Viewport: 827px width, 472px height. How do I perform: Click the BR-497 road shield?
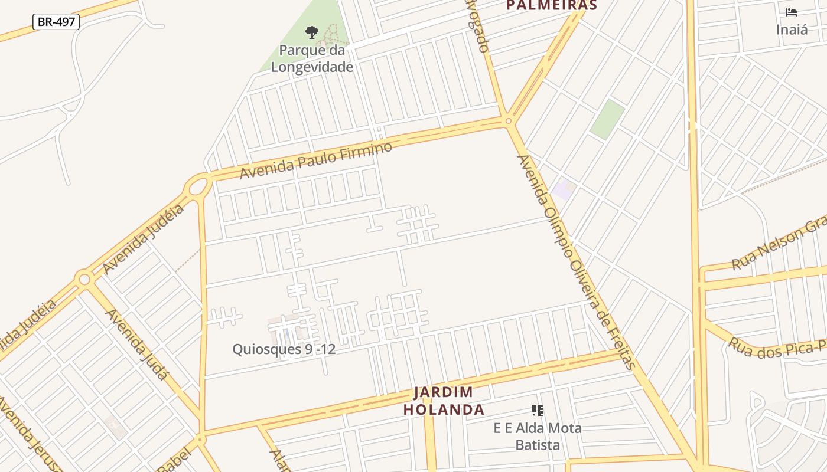tap(56, 22)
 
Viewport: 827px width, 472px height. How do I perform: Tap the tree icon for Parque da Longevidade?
tap(311, 32)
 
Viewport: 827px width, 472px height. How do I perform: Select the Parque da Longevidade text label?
tap(312, 58)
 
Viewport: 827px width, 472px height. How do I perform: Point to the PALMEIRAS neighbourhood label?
tap(552, 6)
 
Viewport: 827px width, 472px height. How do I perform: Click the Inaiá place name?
tap(792, 29)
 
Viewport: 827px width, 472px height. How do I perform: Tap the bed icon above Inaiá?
tap(792, 12)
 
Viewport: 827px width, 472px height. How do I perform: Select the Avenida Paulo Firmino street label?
tap(315, 160)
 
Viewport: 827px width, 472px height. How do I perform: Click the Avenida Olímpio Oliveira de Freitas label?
tap(575, 262)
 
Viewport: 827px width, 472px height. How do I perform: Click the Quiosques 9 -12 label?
tap(284, 349)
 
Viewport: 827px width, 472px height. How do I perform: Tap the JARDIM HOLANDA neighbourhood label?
tap(444, 401)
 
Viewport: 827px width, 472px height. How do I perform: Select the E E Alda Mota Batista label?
tap(538, 436)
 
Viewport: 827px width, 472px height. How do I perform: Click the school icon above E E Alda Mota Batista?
tap(537, 410)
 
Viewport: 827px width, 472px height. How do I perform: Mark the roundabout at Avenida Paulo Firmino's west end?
tap(198, 187)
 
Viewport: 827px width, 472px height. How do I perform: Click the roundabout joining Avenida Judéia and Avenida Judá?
tap(84, 278)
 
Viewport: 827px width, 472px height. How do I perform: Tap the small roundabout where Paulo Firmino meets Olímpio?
tap(508, 121)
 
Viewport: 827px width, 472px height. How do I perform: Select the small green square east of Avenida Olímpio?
tap(607, 119)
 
